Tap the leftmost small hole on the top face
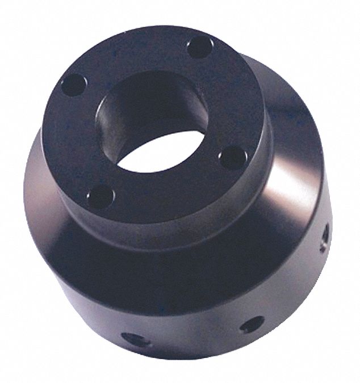[x=72, y=86]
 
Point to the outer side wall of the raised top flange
[x=170, y=221]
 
